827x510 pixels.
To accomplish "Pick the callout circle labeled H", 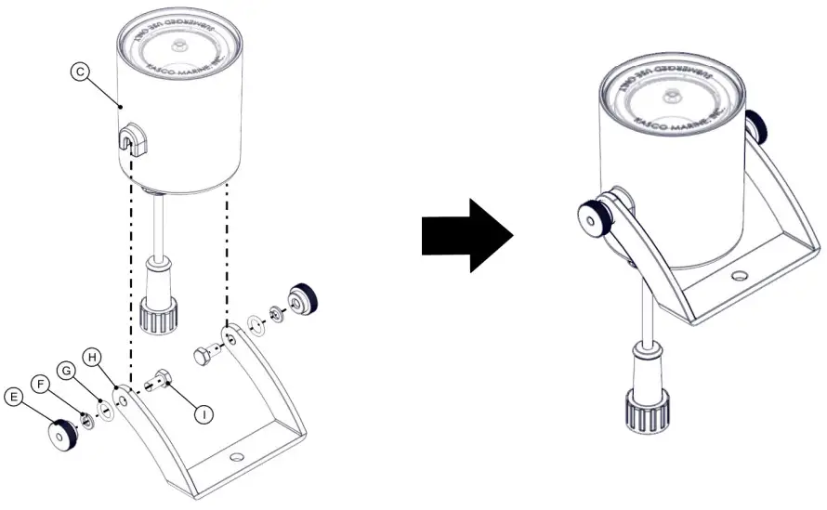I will pos(92,357).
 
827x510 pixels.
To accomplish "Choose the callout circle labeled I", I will pos(203,414).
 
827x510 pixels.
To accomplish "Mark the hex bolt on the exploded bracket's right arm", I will pos(205,355).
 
